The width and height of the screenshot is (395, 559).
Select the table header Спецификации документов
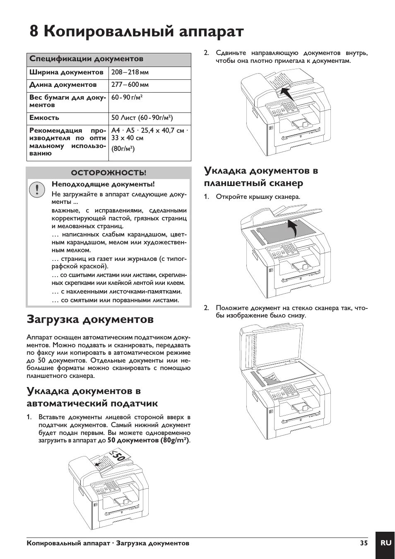click(x=86, y=59)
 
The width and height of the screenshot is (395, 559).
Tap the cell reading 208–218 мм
click(x=130, y=72)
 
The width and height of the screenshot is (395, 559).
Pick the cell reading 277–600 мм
click(x=130, y=85)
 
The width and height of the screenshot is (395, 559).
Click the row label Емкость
click(x=44, y=118)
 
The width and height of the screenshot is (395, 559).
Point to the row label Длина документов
click(x=63, y=85)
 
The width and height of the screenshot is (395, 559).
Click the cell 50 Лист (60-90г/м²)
click(x=142, y=118)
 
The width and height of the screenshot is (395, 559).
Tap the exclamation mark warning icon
click(x=37, y=189)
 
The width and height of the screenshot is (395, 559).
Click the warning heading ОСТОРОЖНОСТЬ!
click(x=108, y=172)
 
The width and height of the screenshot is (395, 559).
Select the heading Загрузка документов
click(x=90, y=320)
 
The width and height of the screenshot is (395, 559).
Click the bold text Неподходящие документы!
click(x=103, y=184)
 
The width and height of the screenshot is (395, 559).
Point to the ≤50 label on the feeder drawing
click(x=117, y=458)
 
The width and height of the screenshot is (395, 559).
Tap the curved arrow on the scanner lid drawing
click(x=293, y=228)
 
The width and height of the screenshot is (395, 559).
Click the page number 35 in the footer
click(x=364, y=543)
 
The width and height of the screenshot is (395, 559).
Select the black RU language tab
click(x=385, y=543)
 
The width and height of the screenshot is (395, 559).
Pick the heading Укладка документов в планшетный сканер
click(x=261, y=177)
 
